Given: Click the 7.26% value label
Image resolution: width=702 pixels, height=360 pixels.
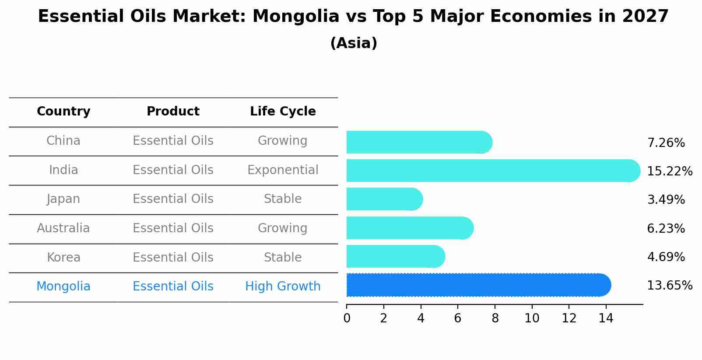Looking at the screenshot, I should pos(666,143).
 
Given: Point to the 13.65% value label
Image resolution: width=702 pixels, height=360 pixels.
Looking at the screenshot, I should pos(669,286).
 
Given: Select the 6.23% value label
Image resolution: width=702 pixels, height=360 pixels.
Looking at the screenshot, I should pos(666,228).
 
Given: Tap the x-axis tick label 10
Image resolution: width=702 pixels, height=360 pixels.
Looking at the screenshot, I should pos(532,318).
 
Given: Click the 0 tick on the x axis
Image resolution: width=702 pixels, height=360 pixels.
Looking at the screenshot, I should pos(347,318).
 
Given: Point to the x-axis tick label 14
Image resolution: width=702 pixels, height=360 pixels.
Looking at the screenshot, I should pos(606,318).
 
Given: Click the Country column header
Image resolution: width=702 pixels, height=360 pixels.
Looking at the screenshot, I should pos(63,112).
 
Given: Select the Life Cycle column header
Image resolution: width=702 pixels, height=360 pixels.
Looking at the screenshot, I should pos(283,112).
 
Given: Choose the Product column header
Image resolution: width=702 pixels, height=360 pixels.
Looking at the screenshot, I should pos(173,112).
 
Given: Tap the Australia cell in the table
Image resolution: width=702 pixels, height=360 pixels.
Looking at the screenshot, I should pos(63,228).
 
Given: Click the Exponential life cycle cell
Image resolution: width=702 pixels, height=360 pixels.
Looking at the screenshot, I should pos(283,170).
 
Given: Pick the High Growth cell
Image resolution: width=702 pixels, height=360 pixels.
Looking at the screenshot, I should pos(283,287).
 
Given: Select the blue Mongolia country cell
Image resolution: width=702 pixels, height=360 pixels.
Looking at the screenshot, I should pos(63,287).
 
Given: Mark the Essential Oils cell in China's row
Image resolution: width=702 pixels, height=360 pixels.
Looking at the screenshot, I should pos(173,141).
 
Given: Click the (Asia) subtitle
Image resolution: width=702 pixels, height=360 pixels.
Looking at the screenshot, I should pos(354,43).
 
